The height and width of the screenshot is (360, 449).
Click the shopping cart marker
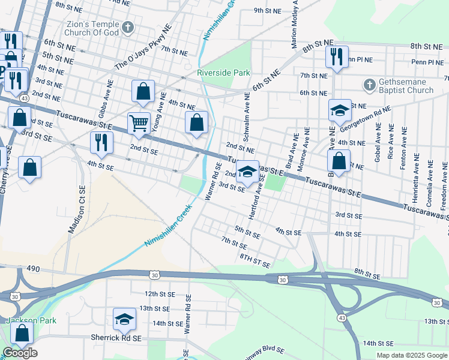[139, 123]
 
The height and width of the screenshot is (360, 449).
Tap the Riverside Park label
[224, 73]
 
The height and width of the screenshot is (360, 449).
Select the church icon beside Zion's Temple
[127, 27]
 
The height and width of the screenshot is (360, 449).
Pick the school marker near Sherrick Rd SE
[124, 318]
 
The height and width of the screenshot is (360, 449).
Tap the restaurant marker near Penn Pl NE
[336, 56]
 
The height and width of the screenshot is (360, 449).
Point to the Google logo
[20, 353]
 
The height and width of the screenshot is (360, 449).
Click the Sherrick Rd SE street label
[116, 338]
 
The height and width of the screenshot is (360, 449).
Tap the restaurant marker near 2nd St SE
[101, 142]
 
